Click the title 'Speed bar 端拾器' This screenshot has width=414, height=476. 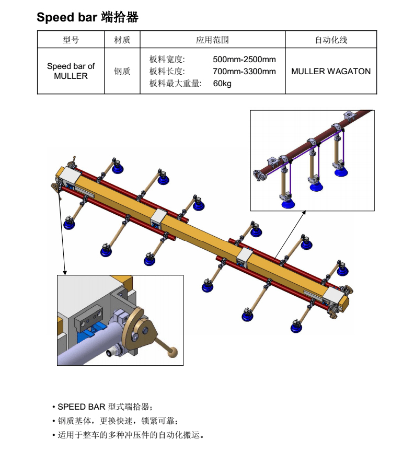click(87, 18)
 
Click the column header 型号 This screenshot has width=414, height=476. click(71, 40)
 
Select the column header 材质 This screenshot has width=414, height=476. click(122, 40)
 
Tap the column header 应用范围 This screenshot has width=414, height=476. click(212, 40)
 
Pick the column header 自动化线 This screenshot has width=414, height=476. click(330, 40)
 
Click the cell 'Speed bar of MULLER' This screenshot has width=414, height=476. click(71, 71)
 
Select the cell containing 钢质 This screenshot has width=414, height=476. click(122, 72)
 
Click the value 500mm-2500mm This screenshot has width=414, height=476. click(244, 60)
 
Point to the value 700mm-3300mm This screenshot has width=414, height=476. click(244, 72)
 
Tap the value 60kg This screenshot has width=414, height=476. click(222, 84)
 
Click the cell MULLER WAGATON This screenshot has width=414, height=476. click(330, 72)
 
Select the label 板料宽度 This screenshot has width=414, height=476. click(167, 60)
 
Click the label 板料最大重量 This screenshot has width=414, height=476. click(175, 84)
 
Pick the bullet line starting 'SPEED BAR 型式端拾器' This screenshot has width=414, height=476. click(105, 407)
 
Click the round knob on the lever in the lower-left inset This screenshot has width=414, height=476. click(173, 353)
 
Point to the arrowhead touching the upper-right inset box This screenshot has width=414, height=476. click(303, 214)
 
